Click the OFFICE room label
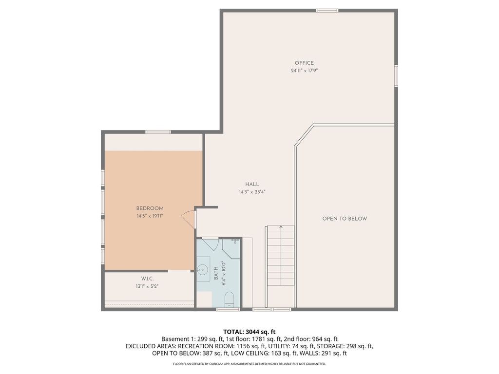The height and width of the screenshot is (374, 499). (x=304, y=63)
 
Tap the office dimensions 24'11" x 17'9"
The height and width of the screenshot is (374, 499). (x=304, y=71)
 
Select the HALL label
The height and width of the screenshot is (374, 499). (x=252, y=184)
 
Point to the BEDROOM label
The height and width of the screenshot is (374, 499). (x=150, y=208)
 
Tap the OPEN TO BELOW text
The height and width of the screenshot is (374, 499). (x=345, y=219)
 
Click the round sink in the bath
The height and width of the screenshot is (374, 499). (x=203, y=269)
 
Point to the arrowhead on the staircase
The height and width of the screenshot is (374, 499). (x=281, y=227)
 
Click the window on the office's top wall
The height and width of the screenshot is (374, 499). (x=327, y=10)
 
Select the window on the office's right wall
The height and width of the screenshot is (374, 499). (x=396, y=76)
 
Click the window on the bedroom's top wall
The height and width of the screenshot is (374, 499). (x=158, y=132)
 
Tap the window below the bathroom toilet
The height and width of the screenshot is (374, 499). (x=228, y=309)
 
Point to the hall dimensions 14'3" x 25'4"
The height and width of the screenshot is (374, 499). (x=252, y=192)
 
